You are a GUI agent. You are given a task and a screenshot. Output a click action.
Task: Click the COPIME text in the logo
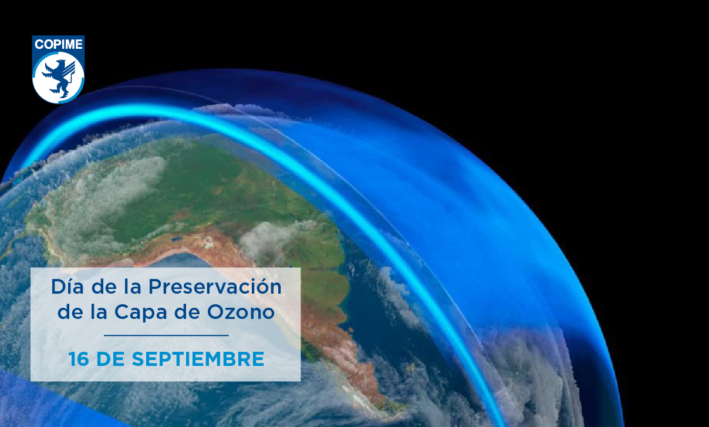click(x=59, y=45)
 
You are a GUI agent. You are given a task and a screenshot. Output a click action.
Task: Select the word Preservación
click(x=215, y=287)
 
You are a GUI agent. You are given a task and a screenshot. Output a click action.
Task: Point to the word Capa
click(x=140, y=312)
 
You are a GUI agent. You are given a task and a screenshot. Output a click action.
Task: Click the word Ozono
click(x=241, y=312)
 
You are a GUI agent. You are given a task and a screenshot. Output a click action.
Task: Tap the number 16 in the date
click(x=79, y=359)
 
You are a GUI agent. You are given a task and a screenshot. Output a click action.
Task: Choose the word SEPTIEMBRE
click(x=198, y=359)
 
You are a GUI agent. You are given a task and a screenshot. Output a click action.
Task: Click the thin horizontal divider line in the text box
click(x=166, y=335)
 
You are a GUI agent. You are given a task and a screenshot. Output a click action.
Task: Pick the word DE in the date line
click(x=110, y=359)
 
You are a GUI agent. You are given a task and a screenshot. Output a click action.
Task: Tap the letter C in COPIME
click(x=39, y=45)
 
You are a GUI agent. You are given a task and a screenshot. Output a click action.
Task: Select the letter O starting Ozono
click(x=216, y=312)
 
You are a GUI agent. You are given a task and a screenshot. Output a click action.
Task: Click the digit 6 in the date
click(x=83, y=359)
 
